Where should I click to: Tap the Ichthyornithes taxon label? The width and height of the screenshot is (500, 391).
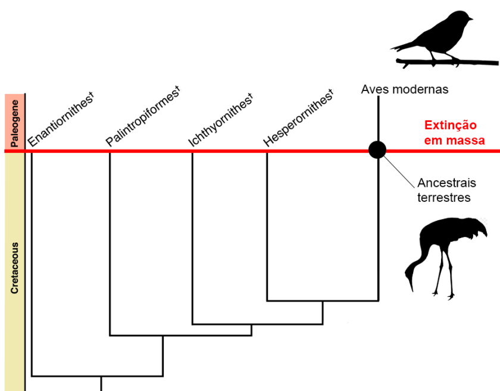click(221, 119)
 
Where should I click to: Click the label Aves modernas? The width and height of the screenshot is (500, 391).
click(404, 90)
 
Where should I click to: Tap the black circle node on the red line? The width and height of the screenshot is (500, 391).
click(377, 150)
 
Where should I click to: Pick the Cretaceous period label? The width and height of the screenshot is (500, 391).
click(14, 267)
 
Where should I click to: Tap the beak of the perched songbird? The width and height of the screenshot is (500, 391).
click(471, 18)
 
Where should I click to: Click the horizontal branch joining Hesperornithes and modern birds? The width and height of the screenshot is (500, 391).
click(322, 301)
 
